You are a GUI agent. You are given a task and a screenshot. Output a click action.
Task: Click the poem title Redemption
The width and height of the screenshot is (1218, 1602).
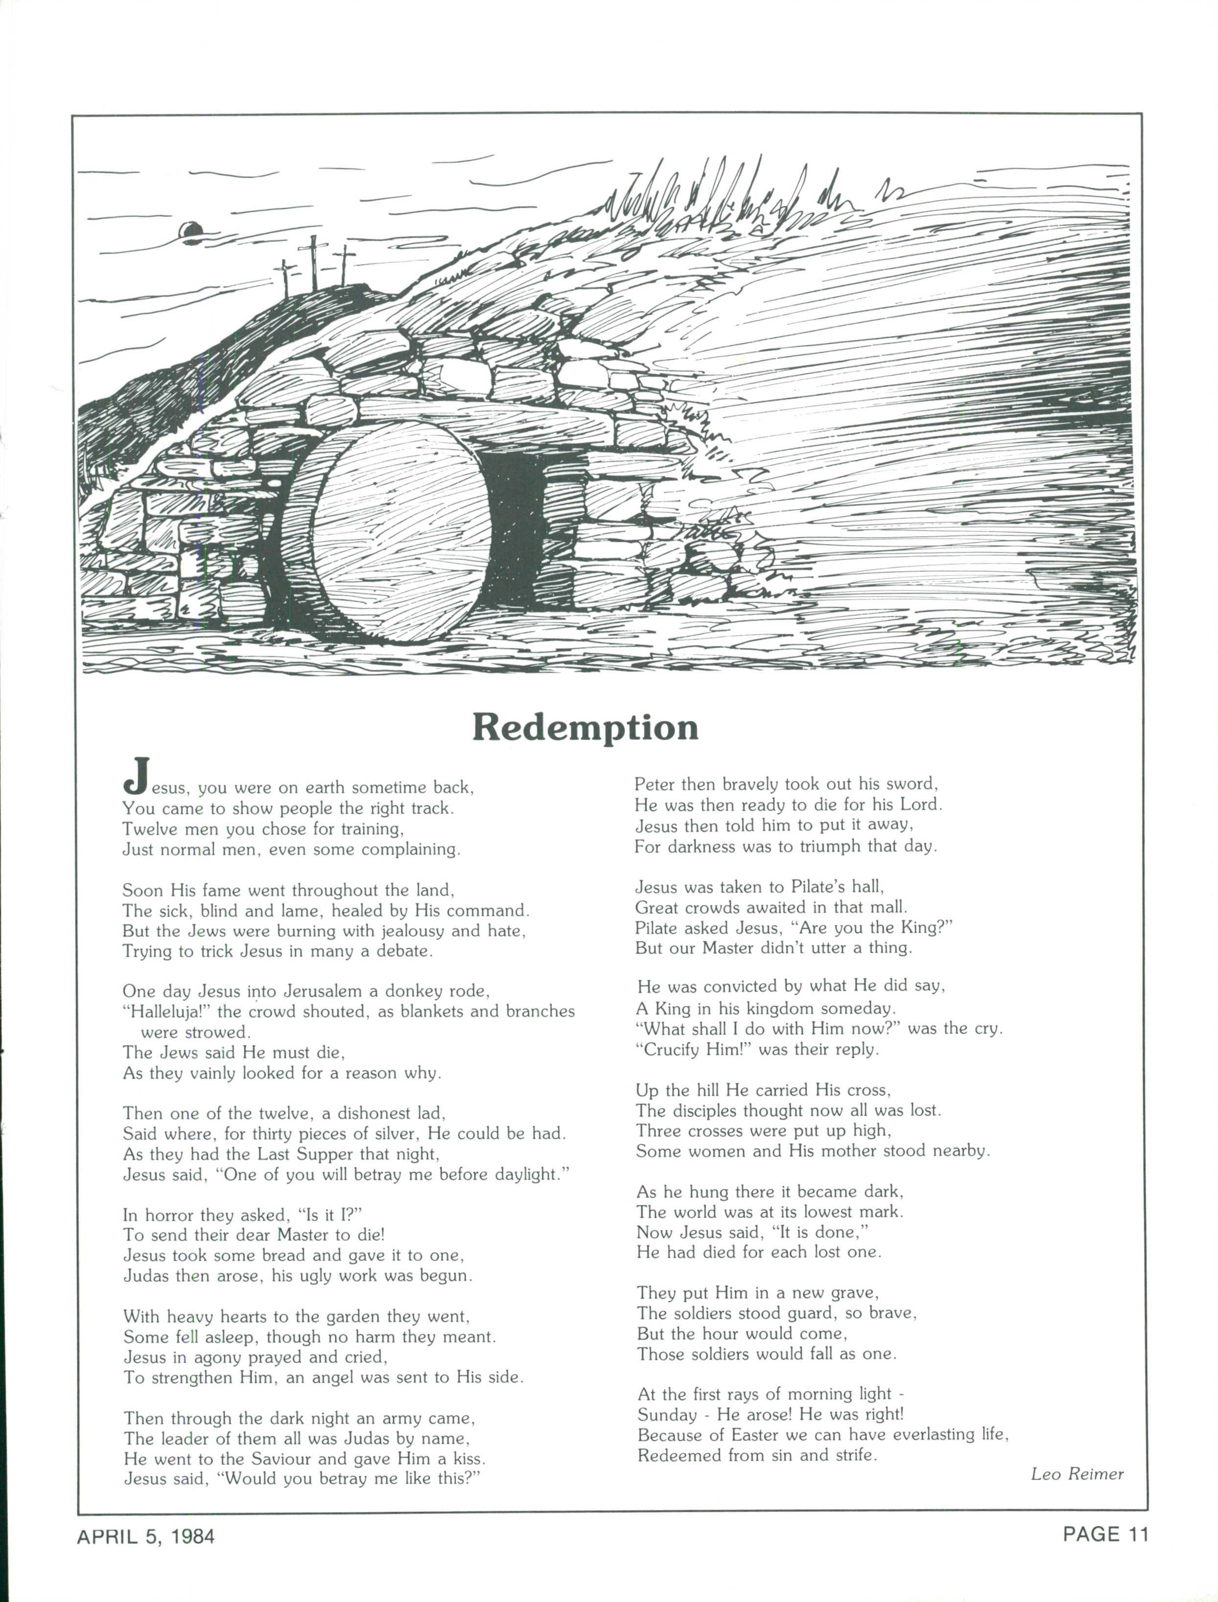click(x=585, y=727)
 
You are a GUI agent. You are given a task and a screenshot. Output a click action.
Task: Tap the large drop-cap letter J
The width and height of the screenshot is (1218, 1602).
click(x=137, y=775)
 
